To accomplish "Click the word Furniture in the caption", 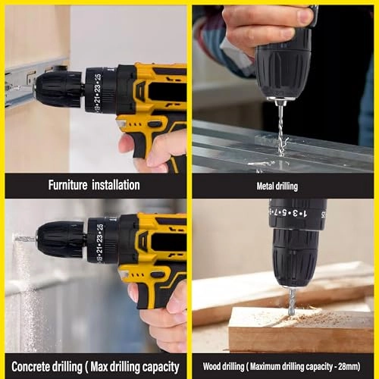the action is (67, 185).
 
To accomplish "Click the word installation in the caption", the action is (116, 185).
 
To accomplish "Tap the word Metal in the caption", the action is (265, 186).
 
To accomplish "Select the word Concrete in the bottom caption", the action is (30, 367).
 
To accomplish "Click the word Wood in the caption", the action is (211, 366).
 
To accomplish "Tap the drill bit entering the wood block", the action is (293, 302).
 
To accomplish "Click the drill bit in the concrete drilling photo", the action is (25, 239).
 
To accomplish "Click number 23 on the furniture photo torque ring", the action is (98, 89).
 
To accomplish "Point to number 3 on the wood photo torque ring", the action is (295, 214).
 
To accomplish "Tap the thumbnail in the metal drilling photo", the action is (305, 17).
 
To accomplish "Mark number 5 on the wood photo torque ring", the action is (284, 213).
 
